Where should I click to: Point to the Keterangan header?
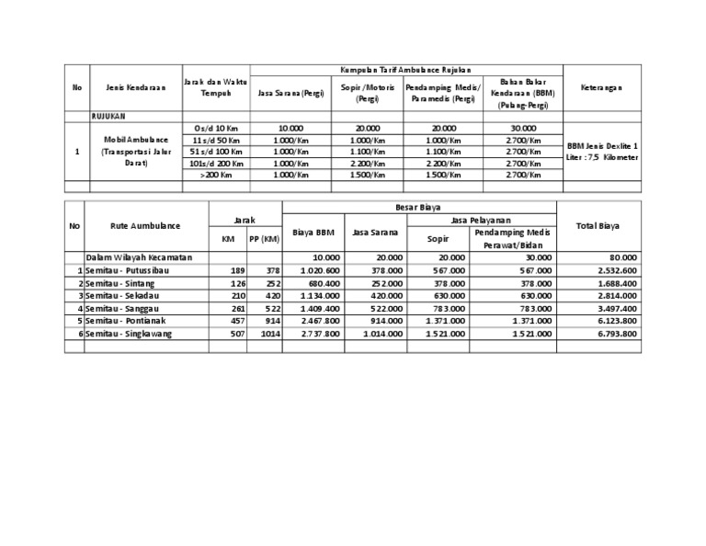(601, 87)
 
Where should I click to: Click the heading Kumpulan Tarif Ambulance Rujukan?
(404, 70)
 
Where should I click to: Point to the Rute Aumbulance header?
(145, 225)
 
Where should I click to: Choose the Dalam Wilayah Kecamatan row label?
(139, 258)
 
